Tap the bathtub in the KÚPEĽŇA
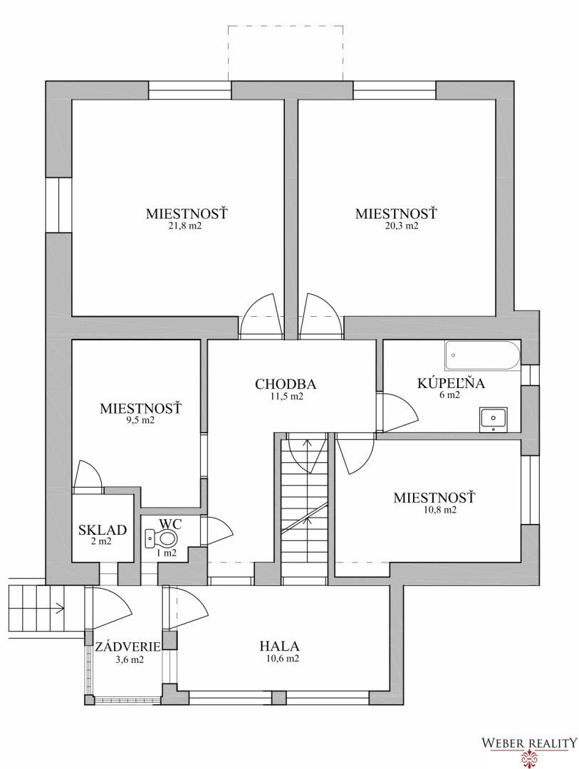(482, 356)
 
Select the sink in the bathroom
(493, 419)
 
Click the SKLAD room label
(103, 530)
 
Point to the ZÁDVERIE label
(128, 647)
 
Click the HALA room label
(279, 647)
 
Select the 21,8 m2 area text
(187, 226)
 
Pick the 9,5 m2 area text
(140, 420)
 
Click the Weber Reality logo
(529, 748)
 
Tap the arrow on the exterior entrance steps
(56, 609)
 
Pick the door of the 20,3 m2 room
(319, 316)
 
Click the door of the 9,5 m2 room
(88, 476)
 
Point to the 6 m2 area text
(449, 395)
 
